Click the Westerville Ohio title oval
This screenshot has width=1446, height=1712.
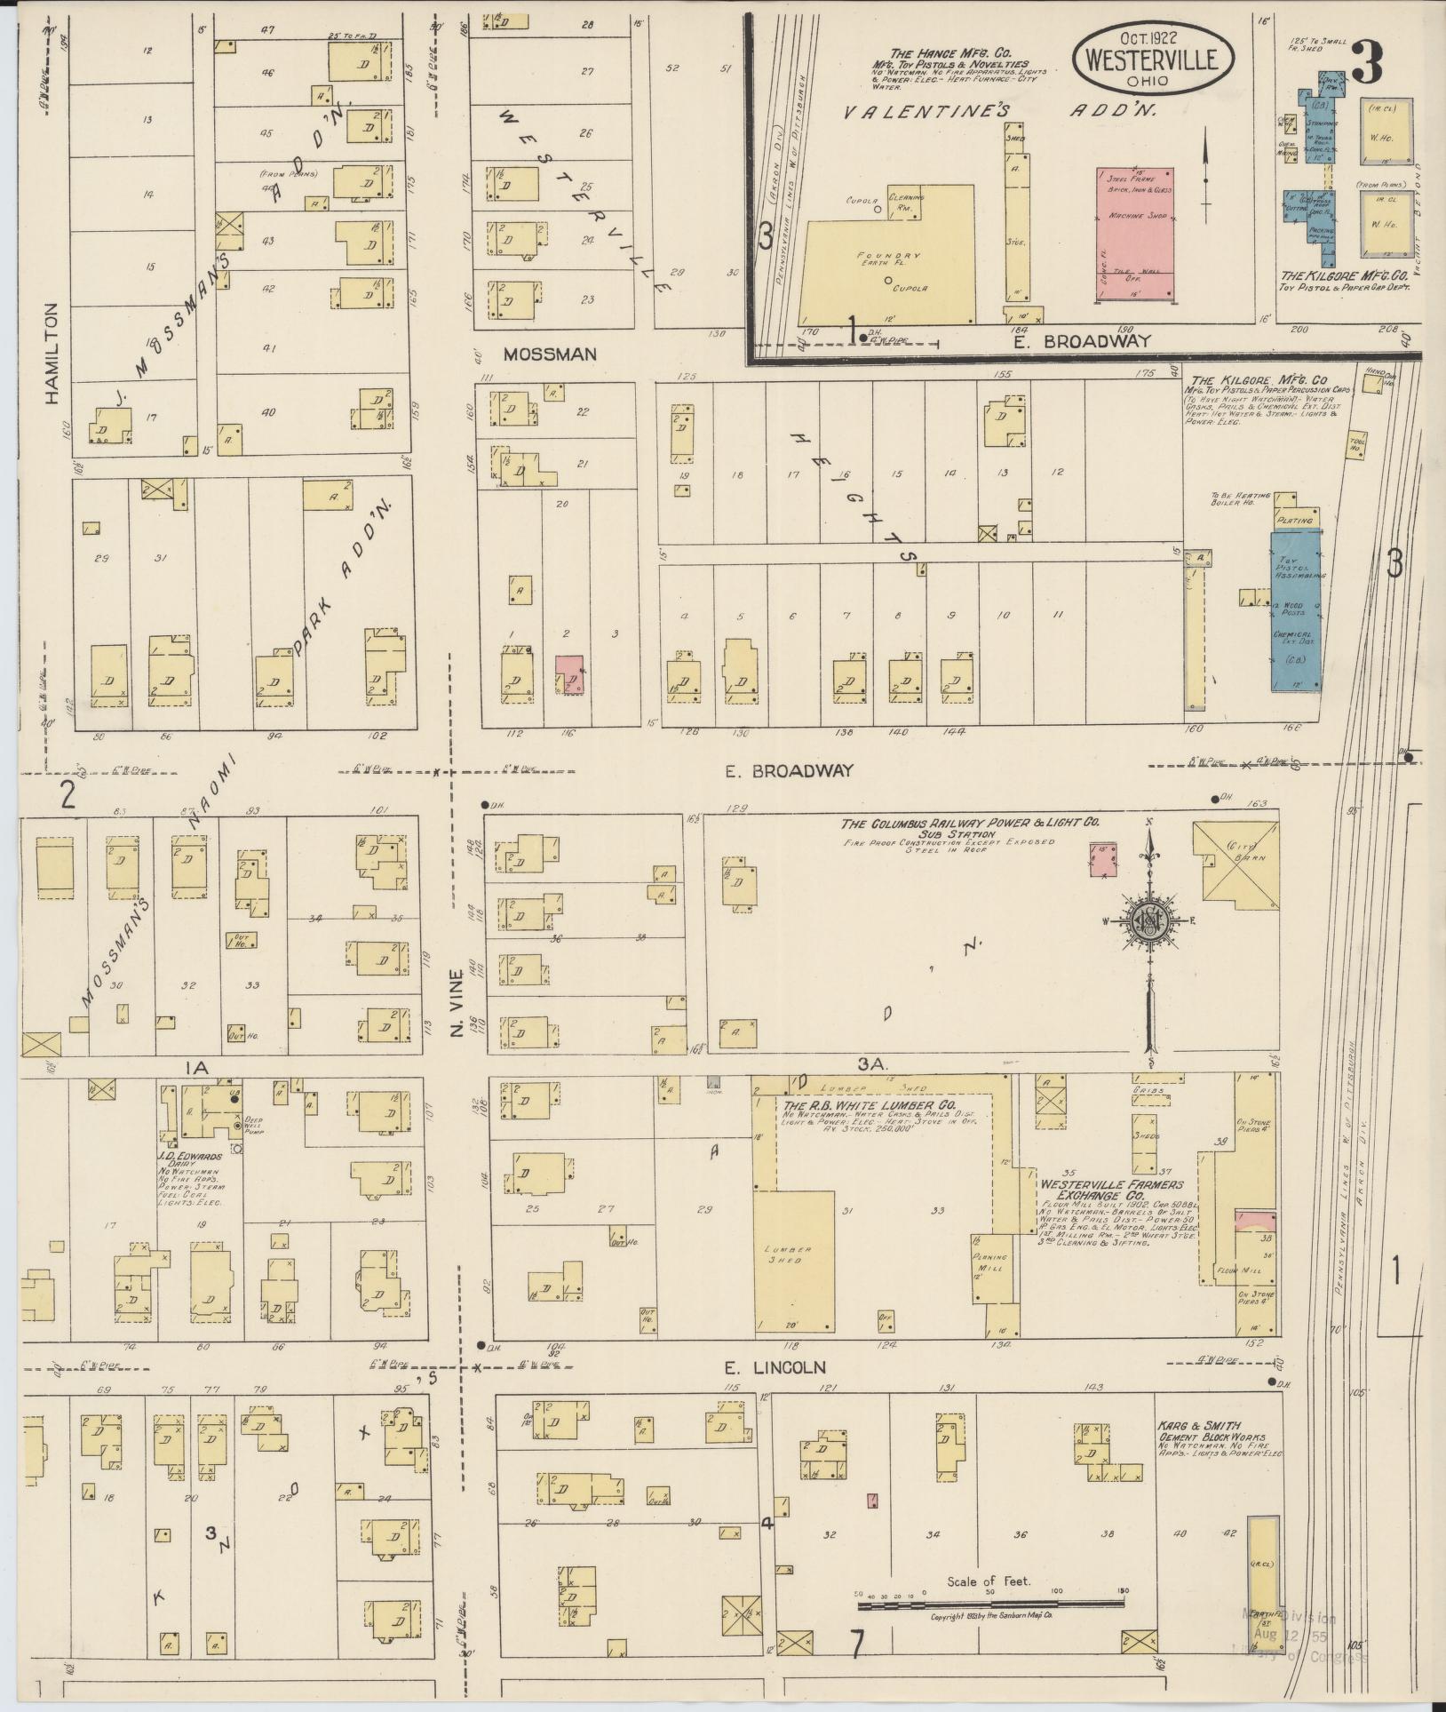[x=1153, y=57]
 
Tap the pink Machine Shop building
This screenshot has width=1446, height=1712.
[x=1134, y=233]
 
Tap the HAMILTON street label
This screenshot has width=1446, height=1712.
[x=51, y=354]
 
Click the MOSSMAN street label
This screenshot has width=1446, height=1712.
[x=549, y=354]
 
